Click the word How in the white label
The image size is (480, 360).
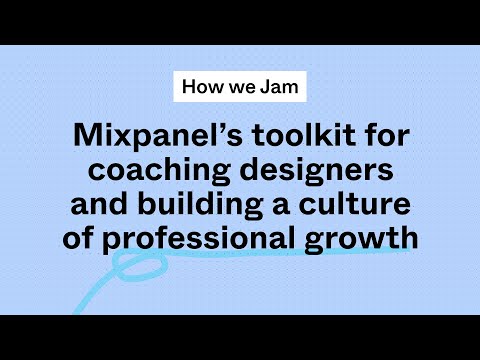coord(200,86)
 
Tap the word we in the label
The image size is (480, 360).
coord(236,86)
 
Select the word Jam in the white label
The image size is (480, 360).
coord(277,86)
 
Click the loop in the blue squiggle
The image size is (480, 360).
coord(135,267)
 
